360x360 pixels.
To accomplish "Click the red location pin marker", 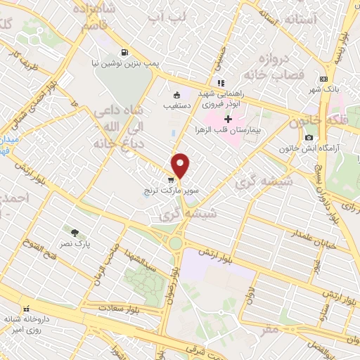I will [181, 165].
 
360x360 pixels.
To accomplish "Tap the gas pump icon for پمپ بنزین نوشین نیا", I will [124, 51].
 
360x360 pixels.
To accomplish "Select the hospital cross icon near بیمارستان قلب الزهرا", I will [228, 119].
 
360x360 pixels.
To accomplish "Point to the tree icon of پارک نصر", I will [75, 232].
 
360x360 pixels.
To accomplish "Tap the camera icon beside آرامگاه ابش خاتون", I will [309, 136].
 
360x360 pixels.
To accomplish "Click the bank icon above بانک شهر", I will [323, 79].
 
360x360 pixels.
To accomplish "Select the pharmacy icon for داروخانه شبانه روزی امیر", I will [26, 308].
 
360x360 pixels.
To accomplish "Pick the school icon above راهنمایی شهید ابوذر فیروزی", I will [221, 82].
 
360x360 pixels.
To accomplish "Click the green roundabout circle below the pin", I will [175, 244].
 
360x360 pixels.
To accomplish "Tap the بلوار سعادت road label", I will [117, 307].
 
